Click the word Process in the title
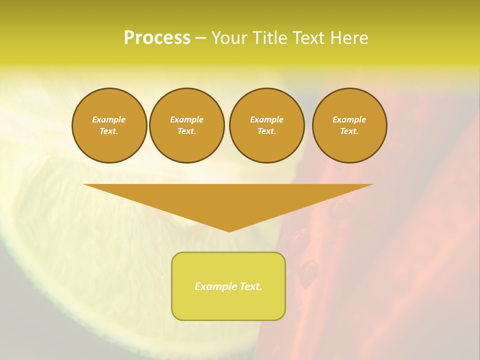pyautogui.click(x=157, y=38)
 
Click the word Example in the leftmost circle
pyautogui.click(x=109, y=119)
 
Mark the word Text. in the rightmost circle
pyautogui.click(x=349, y=131)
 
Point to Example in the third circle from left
pyautogui.click(x=267, y=119)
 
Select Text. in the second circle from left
pyautogui.click(x=187, y=131)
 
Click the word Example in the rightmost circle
pyautogui.click(x=349, y=119)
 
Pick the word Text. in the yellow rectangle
pyautogui.click(x=250, y=286)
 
